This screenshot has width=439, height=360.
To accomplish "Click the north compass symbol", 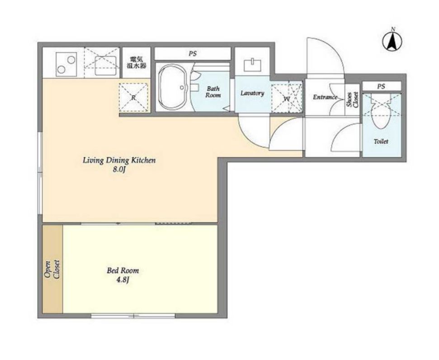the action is pyautogui.click(x=392, y=41).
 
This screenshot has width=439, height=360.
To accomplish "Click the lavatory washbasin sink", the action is pyautogui.click(x=253, y=66).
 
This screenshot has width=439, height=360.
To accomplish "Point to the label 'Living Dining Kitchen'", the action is pyautogui.click(x=119, y=161).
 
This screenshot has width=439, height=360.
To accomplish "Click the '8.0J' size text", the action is pyautogui.click(x=119, y=170).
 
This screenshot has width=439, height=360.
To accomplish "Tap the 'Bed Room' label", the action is pyautogui.click(x=123, y=270).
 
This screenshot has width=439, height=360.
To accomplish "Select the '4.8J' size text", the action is pyautogui.click(x=123, y=280).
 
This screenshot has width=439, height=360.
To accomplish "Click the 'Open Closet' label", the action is pyautogui.click(x=52, y=270).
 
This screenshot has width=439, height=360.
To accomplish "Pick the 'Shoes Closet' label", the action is pyautogui.click(x=353, y=100).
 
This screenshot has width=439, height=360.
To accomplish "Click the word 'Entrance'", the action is pyautogui.click(x=325, y=97).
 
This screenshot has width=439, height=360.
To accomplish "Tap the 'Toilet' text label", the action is pyautogui.click(x=381, y=142).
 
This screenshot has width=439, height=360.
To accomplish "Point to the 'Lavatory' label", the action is pyautogui.click(x=252, y=93).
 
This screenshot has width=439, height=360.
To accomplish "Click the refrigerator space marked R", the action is pyautogui.click(x=133, y=97).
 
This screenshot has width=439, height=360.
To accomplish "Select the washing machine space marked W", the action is pyautogui.click(x=287, y=97).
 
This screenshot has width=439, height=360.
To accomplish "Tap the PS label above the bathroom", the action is pyautogui.click(x=193, y=53).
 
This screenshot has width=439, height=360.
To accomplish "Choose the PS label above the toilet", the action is pyautogui.click(x=381, y=86).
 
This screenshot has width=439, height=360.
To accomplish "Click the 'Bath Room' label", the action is pyautogui.click(x=213, y=92).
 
